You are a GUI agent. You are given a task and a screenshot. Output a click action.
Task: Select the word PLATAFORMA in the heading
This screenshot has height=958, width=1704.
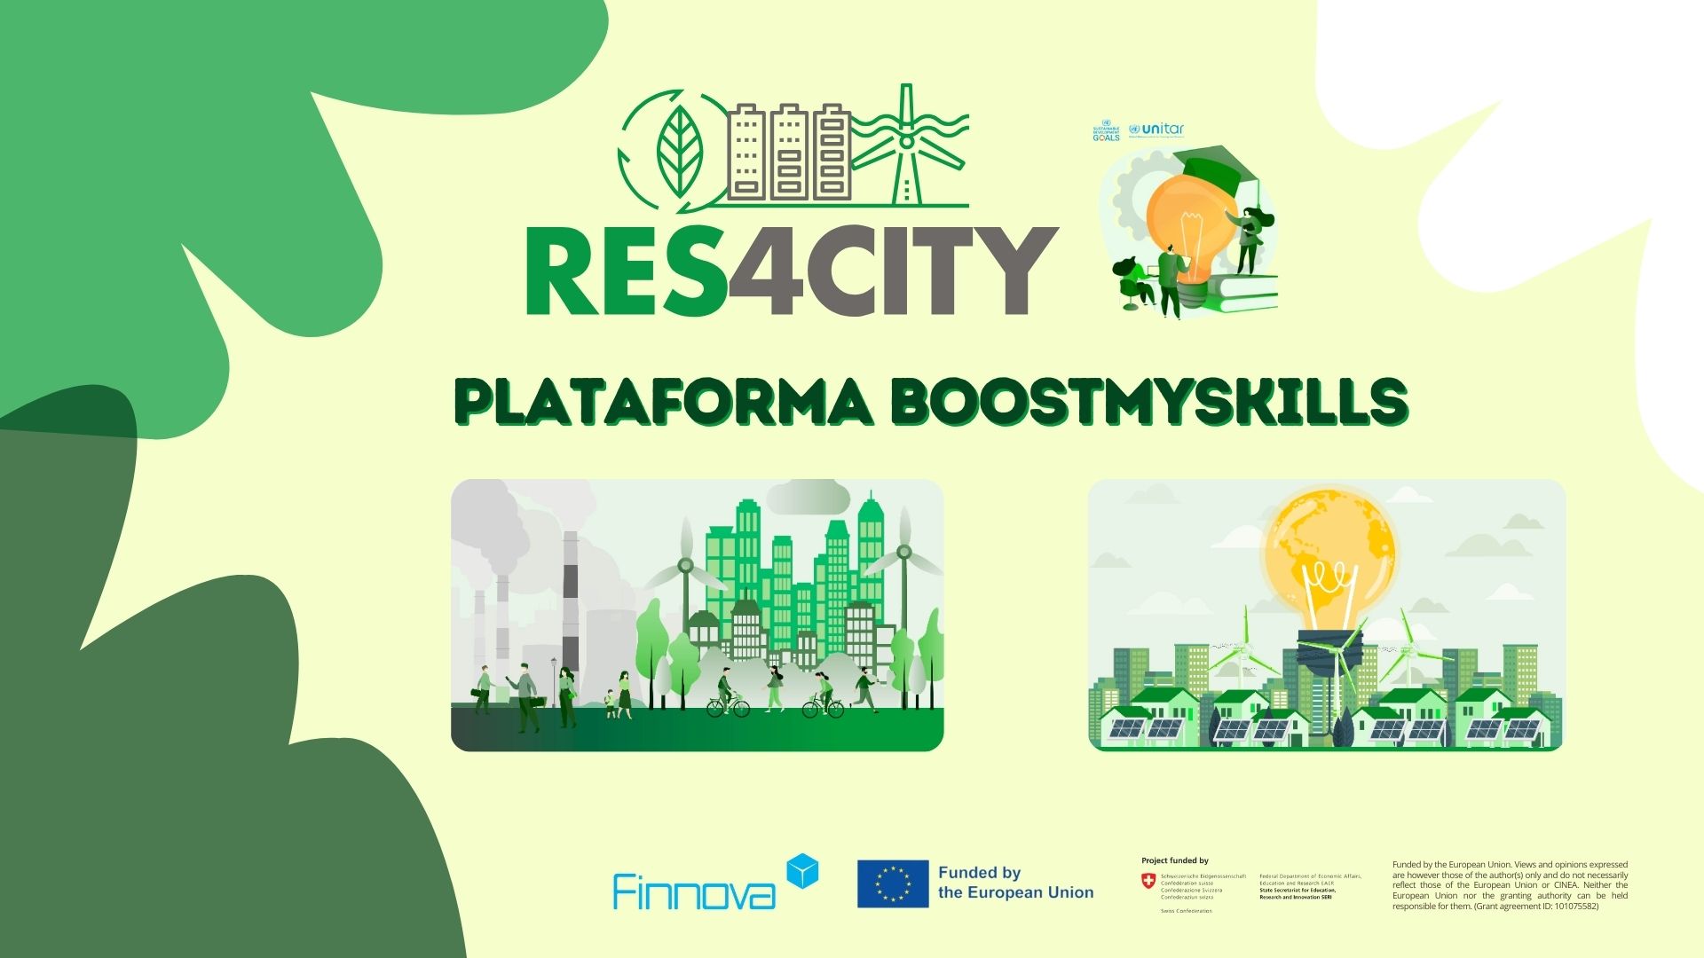(x=664, y=402)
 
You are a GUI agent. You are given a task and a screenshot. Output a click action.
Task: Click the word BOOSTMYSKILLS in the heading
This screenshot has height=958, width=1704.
(x=1149, y=402)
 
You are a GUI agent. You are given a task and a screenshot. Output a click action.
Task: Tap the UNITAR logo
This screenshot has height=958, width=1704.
(x=1156, y=130)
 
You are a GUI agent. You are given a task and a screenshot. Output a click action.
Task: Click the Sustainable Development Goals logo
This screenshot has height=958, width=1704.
(x=1106, y=130)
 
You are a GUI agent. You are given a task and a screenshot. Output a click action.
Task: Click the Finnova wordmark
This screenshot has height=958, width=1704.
(x=694, y=891)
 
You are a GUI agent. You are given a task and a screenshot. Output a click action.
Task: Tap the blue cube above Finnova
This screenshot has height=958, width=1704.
(x=802, y=870)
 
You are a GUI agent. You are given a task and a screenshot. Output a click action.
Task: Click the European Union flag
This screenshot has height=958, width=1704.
(x=893, y=883)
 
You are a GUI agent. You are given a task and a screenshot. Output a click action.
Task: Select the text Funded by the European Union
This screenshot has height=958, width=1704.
(x=1015, y=883)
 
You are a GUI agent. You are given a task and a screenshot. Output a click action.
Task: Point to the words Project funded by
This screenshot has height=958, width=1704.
(x=1174, y=860)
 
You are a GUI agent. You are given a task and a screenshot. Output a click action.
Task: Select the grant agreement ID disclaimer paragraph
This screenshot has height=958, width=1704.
(x=1510, y=885)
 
